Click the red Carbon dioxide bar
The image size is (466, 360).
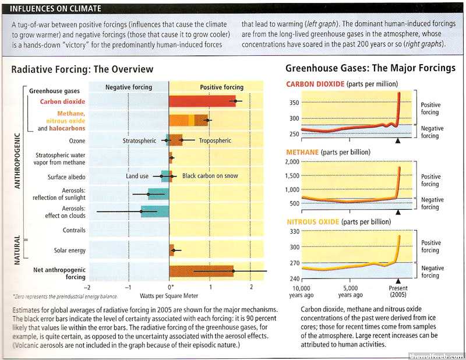pyautogui.click(x=202, y=101)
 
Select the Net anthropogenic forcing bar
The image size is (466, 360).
pyautogui.click(x=201, y=271)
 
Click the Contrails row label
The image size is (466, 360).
pyautogui.click(x=75, y=230)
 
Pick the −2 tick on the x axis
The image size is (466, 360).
pyautogui.click(x=87, y=287)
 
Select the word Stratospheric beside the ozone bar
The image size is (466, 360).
pyautogui.click(x=141, y=140)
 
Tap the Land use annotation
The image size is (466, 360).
pyautogui.click(x=137, y=176)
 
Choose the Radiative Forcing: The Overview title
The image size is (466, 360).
pyautogui.click(x=83, y=69)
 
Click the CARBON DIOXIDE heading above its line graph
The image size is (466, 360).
pyautogui.click(x=315, y=84)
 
